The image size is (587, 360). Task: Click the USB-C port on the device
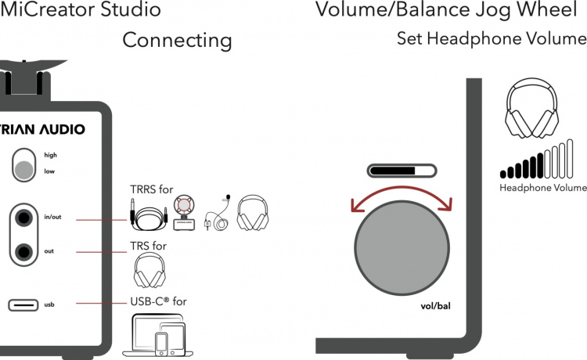click(x=23, y=304)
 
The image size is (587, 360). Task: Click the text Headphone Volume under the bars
click(x=543, y=188)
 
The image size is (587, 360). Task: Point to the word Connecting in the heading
click(x=177, y=40)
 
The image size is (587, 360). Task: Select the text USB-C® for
click(x=158, y=301)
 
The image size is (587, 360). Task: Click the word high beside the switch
click(x=50, y=155)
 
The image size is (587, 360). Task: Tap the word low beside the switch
click(x=49, y=171)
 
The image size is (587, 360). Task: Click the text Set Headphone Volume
click(x=491, y=38)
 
